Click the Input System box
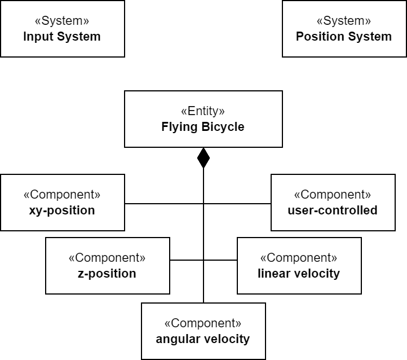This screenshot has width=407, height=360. tap(62, 29)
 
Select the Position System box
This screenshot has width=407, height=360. tap(344, 29)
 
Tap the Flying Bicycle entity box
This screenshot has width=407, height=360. tap(203, 119)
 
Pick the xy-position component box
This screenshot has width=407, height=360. tap(62, 203)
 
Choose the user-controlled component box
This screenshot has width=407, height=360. tap(333, 203)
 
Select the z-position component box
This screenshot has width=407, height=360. tap(107, 266)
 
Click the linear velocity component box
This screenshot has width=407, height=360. tap(299, 266)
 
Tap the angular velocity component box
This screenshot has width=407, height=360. tap(203, 331)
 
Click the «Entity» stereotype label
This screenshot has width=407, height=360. tap(203, 111)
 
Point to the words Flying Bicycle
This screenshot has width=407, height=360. tap(203, 127)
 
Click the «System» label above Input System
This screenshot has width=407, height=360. tap(62, 21)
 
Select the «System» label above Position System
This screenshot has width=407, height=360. tap(344, 21)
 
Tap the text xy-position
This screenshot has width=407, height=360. tap(62, 210)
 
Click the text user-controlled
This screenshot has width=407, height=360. tap(333, 210)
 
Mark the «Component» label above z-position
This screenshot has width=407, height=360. tap(107, 258)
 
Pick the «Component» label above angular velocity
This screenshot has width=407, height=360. tap(203, 323)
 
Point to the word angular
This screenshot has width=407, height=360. tap(176, 339)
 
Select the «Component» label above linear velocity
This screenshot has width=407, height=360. tap(299, 258)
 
